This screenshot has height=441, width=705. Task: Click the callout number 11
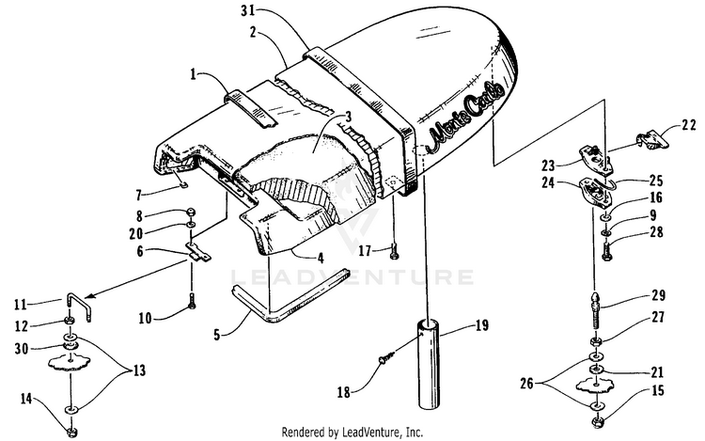(18, 304)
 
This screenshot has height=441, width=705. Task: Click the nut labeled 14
(70, 429)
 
